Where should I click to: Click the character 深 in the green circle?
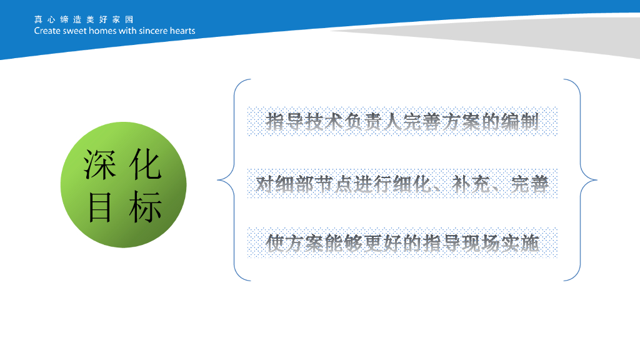[99, 164]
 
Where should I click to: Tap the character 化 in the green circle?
[145, 164]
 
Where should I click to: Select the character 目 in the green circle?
[99, 207]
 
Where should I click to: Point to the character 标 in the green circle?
[145, 207]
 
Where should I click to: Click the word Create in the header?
[47, 31]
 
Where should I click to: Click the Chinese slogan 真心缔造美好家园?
[84, 19]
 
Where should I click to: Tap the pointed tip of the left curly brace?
[217, 179]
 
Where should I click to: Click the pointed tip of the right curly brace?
[597, 179]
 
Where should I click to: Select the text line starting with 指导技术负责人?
[402, 122]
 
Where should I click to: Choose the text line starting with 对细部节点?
[402, 184]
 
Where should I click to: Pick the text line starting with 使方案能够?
[402, 243]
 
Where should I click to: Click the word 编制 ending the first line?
[520, 122]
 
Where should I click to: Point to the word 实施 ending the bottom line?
[520, 243]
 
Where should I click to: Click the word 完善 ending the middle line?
[530, 184]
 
